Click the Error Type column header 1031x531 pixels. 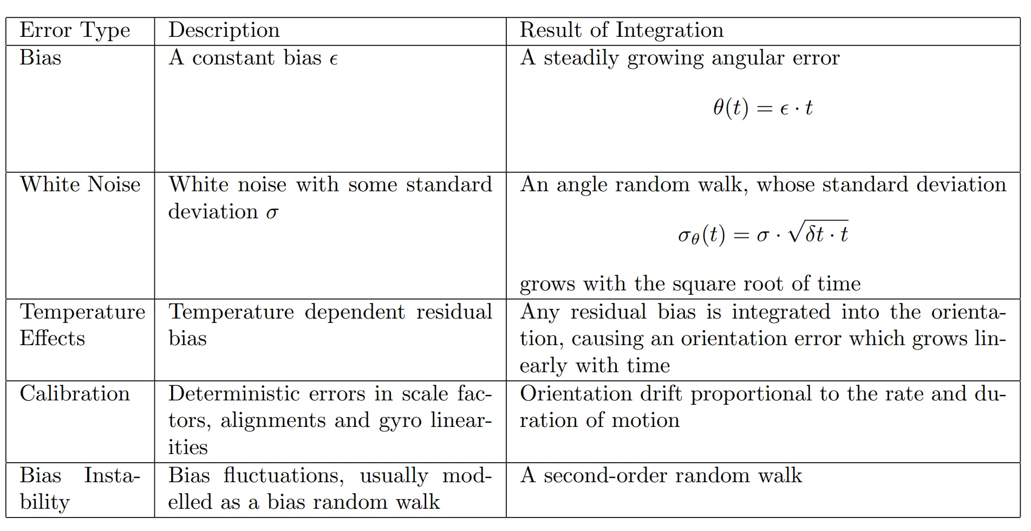tap(75, 31)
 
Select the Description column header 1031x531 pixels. tap(224, 30)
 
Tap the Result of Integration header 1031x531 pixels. tap(621, 30)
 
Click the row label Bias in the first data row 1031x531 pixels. tap(41, 58)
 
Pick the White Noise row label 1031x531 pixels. tap(80, 185)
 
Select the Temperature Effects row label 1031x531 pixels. tap(82, 325)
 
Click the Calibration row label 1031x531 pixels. tap(75, 394)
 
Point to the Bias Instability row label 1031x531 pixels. tap(80, 489)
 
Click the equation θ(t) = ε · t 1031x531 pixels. tap(762, 108)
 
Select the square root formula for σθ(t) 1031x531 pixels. tap(762, 234)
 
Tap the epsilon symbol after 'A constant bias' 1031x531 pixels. tap(334, 59)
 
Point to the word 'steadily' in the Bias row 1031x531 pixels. tap(581, 58)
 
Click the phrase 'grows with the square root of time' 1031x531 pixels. tap(690, 284)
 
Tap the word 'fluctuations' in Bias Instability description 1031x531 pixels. tap(283, 476)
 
